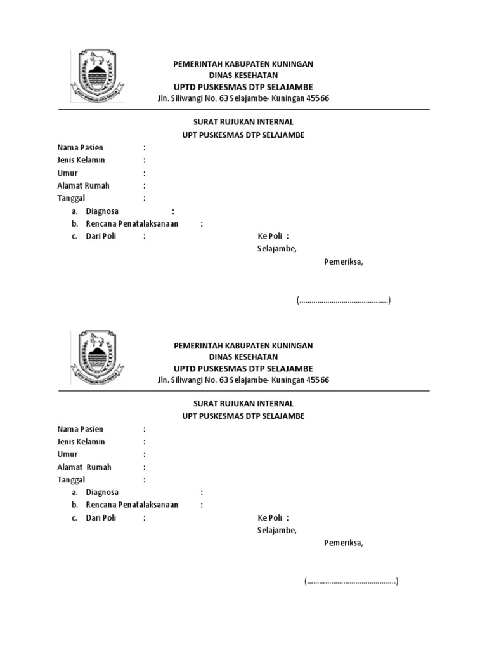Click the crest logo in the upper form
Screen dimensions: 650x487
97,77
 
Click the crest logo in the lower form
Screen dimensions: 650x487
97,358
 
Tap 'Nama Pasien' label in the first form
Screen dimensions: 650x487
80,148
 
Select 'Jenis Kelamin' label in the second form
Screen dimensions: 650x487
81,442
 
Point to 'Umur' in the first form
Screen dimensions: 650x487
67,173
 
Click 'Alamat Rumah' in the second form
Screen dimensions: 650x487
84,467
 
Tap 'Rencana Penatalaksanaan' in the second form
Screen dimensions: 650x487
132,505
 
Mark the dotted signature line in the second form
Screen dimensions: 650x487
351,581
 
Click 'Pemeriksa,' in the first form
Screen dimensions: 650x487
344,262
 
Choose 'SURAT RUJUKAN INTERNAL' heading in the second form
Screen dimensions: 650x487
243,404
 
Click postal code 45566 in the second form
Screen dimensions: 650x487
318,380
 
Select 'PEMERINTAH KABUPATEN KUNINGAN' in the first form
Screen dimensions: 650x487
243,65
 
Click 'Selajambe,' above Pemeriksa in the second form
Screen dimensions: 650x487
276,531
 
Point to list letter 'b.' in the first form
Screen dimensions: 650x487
74,224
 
